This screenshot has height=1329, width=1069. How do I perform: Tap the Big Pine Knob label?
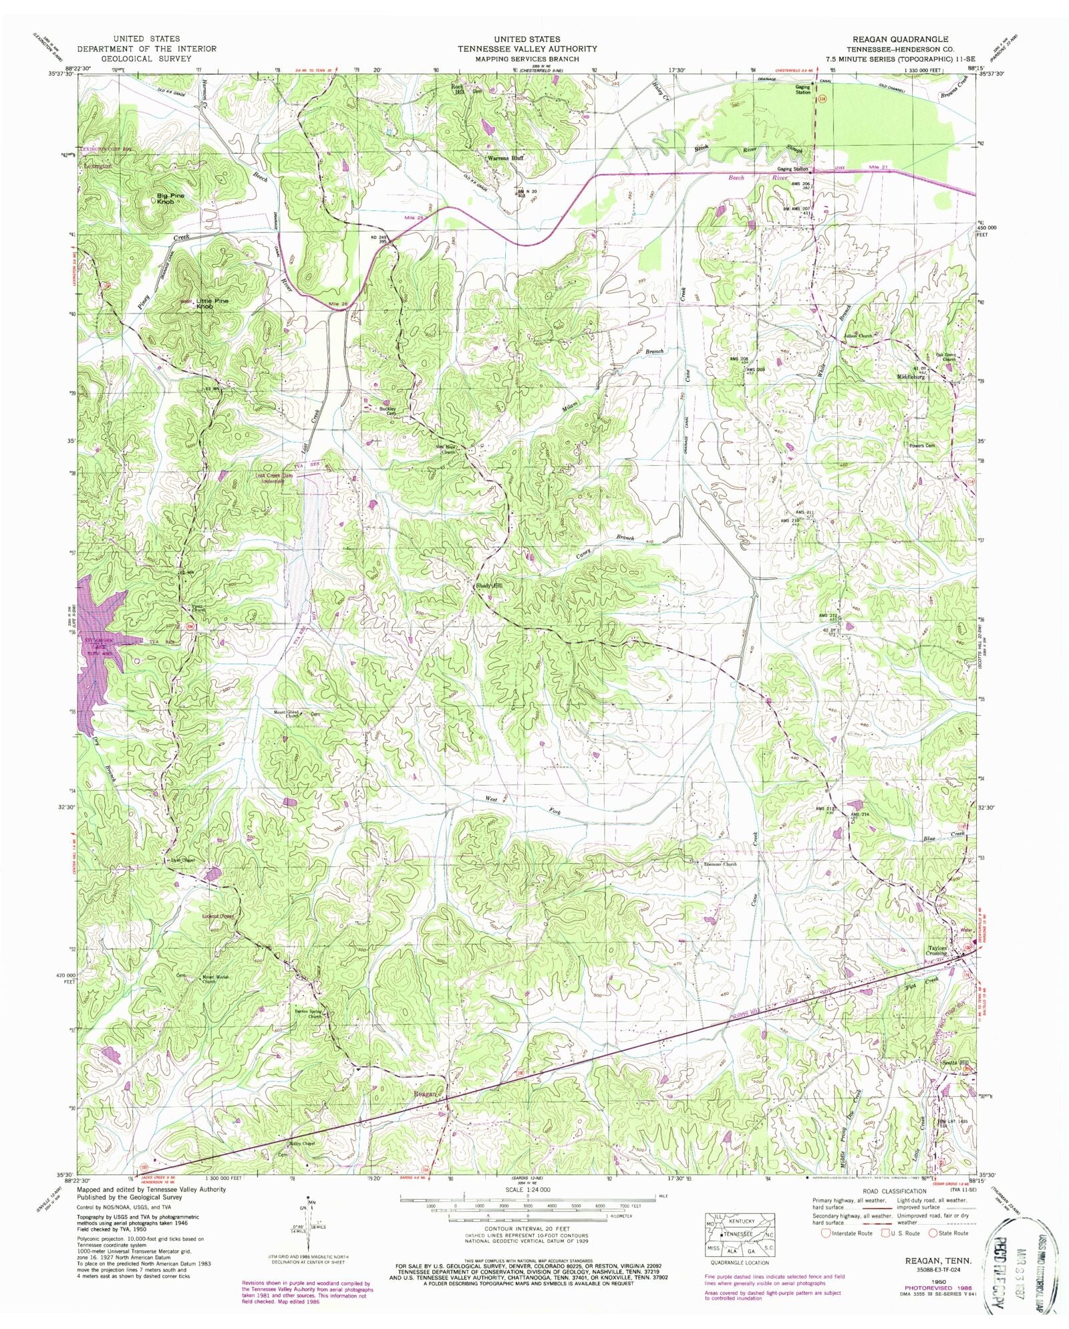tap(171, 198)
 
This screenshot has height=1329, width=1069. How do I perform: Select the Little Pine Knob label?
tap(212, 303)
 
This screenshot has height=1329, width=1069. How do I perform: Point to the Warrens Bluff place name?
tap(504, 158)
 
